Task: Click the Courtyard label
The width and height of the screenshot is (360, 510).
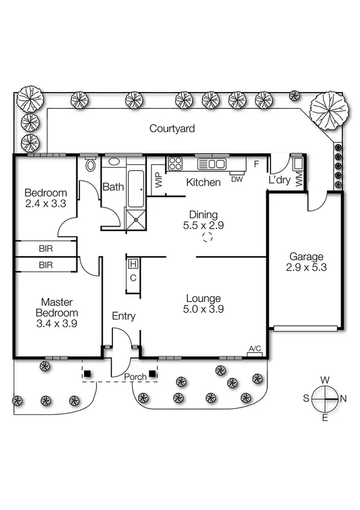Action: tap(172, 128)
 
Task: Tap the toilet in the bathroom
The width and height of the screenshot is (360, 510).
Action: tap(91, 165)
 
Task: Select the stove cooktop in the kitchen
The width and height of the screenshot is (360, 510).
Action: tap(175, 163)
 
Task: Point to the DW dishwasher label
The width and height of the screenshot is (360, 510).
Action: tap(237, 179)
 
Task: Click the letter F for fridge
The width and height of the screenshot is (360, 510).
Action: tap(257, 164)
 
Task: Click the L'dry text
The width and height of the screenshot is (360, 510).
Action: tap(280, 180)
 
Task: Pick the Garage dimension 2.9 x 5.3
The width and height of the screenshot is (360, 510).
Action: tap(307, 268)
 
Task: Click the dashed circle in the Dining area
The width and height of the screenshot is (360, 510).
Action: tap(207, 237)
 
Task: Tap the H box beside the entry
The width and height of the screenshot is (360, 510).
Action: tap(133, 263)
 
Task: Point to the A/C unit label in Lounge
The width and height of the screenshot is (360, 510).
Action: tap(255, 348)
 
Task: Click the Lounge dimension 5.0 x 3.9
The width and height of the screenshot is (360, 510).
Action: tap(203, 310)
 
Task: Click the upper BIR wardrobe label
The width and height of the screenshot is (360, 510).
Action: tap(45, 248)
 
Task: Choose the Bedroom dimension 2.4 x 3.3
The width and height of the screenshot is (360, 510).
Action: tap(45, 204)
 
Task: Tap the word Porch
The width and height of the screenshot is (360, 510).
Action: tap(135, 377)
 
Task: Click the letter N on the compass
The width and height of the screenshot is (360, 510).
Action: tap(343, 398)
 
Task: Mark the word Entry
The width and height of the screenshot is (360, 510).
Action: tap(124, 316)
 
